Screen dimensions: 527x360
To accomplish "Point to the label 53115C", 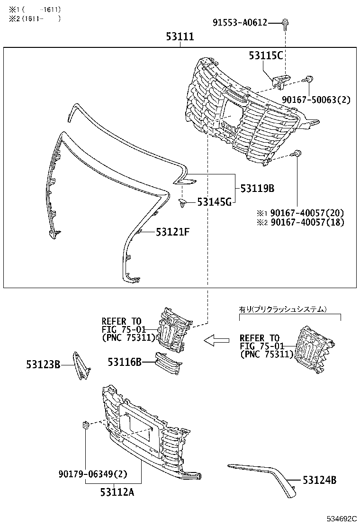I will click(x=266, y=55).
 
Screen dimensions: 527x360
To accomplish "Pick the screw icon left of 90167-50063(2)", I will click(x=309, y=80).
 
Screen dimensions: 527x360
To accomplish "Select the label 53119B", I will click(x=257, y=189).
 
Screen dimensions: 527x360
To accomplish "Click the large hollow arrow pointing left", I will click(x=216, y=340).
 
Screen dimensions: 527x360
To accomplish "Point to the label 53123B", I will click(x=43, y=364).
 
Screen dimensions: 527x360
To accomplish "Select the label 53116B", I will click(x=125, y=362).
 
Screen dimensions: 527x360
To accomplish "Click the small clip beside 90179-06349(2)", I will click(x=86, y=425).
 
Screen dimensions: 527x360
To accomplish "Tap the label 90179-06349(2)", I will click(x=93, y=473).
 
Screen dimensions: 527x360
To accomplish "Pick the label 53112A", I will click(x=117, y=492).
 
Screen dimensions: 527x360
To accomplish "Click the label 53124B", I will click(x=319, y=480).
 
